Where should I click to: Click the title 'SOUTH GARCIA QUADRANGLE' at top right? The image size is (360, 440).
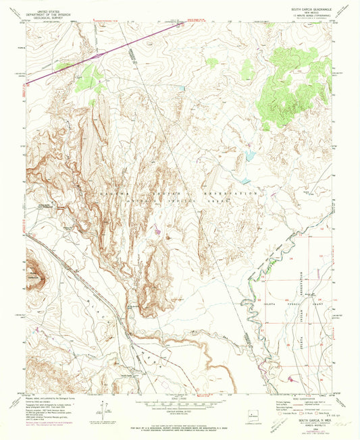[x=298, y=9]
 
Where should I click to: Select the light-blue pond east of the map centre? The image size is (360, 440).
[x=251, y=156]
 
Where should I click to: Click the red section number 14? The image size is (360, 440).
[x=291, y=258]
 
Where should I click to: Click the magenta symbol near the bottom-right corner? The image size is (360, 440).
[x=292, y=379]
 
